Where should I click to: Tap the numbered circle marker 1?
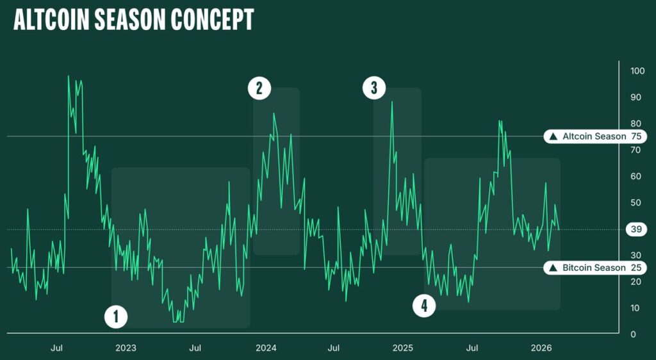tap(116, 316)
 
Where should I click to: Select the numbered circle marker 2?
tap(259, 88)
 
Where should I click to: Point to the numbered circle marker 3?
tap(374, 88)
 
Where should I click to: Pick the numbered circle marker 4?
tap(423, 306)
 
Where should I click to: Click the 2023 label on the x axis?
tap(126, 348)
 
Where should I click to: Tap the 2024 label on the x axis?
tap(266, 348)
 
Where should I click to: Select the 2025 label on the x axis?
tap(403, 348)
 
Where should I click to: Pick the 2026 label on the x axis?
tap(542, 348)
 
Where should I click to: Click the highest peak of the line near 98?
tap(69, 76)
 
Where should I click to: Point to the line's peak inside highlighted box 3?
tap(392, 102)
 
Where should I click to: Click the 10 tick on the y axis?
tap(634, 308)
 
